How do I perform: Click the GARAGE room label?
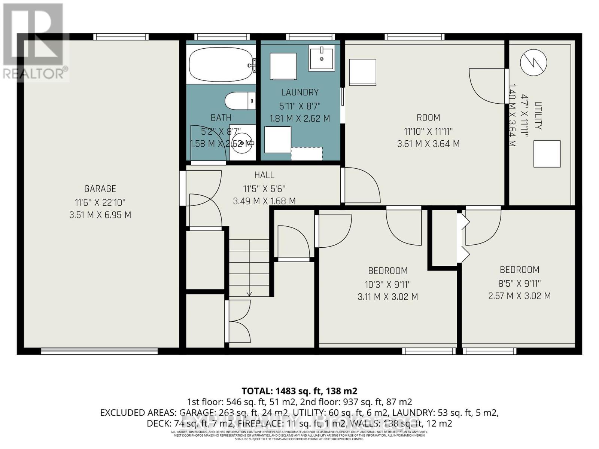(100, 189)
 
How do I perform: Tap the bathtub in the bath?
(221, 65)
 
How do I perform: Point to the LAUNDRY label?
(300, 92)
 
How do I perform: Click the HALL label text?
(264, 175)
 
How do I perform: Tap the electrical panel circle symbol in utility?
(533, 62)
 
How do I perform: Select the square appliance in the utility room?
(547, 154)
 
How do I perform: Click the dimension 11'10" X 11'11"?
(428, 131)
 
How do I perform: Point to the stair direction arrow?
(249, 293)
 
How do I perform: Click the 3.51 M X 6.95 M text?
(100, 215)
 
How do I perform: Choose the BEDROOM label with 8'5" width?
(520, 270)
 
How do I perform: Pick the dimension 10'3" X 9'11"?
(388, 284)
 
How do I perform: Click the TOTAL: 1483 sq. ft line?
(299, 391)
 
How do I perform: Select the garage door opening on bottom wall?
(99, 351)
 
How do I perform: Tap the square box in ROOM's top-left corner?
(362, 72)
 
